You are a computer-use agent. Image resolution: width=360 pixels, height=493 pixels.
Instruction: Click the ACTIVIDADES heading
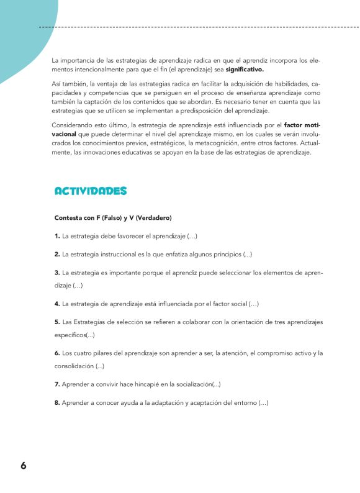coord(91,191)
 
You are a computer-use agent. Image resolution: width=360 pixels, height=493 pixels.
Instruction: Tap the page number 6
coord(23,466)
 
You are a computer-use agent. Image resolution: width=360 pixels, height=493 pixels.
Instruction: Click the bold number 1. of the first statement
coord(57,237)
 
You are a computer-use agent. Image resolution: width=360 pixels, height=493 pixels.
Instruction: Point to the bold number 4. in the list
coord(57,304)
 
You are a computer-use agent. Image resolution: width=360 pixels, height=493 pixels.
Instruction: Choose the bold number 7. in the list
coord(57,385)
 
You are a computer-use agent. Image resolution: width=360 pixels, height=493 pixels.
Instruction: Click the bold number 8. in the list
coord(57,403)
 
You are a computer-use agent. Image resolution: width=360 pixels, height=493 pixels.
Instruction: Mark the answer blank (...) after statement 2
coord(248,255)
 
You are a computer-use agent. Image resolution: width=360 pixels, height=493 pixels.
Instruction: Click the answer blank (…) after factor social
coord(254,304)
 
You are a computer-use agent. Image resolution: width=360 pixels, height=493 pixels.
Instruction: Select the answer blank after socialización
coord(216,385)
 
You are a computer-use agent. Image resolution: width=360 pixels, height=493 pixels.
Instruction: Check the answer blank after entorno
coord(263,403)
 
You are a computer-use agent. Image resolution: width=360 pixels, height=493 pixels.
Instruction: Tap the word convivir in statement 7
coord(107,385)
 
